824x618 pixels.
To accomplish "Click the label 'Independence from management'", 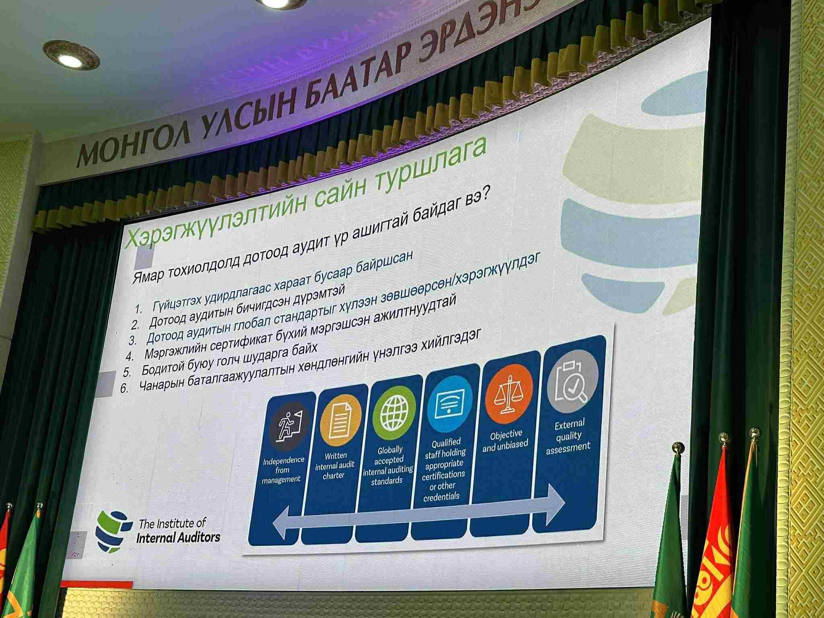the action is pos(282,470).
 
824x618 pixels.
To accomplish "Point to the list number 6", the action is pos(124,389).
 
